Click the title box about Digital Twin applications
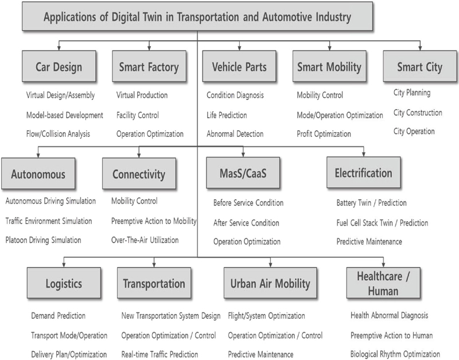click(x=197, y=16)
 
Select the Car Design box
click(x=59, y=66)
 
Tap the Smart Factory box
click(x=149, y=66)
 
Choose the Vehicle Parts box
click(x=239, y=66)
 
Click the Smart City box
click(x=420, y=66)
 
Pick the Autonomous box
click(x=38, y=173)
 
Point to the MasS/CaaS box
click(x=243, y=172)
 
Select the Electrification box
click(x=364, y=172)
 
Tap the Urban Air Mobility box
click(x=270, y=282)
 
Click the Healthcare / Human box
click(x=383, y=282)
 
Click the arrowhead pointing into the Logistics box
click(x=64, y=265)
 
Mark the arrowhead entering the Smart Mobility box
click(x=329, y=48)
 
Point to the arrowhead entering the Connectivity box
click(x=139, y=156)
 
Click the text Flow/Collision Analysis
click(x=58, y=134)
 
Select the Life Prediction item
click(x=227, y=115)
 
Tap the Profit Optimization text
click(x=324, y=134)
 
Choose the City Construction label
click(x=418, y=113)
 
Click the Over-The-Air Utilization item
click(x=145, y=240)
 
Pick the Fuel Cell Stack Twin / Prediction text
click(x=382, y=223)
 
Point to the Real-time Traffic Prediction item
click(x=160, y=354)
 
